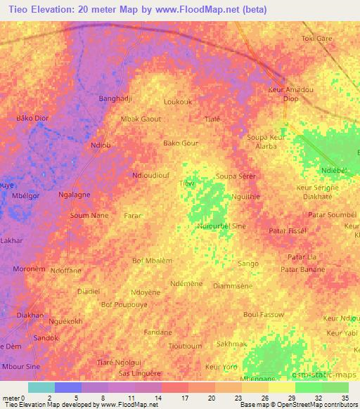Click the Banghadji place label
click(x=116, y=98)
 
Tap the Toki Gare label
click(x=316, y=39)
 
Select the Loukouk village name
click(x=177, y=102)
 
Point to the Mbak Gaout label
click(x=141, y=119)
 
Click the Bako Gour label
click(x=181, y=143)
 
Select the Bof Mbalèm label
click(x=152, y=261)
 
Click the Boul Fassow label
click(x=263, y=314)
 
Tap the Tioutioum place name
click(x=186, y=346)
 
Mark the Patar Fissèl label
click(x=288, y=231)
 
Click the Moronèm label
click(x=30, y=269)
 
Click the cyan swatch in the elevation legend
click(x=41, y=387)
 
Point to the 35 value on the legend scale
click(x=345, y=398)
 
